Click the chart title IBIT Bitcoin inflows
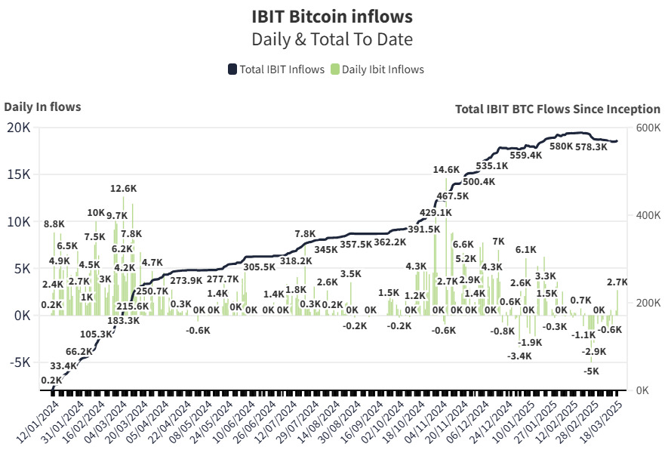point(332,16)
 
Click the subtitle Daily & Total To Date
point(332,39)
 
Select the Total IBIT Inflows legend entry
point(276,69)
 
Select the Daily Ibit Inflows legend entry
point(377,69)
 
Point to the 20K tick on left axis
point(19,128)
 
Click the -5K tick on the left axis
point(19,362)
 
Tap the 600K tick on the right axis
point(647,128)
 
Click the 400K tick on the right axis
point(647,215)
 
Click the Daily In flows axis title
point(42,106)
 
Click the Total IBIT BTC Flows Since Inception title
point(558,109)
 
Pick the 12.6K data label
point(123,189)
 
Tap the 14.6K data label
point(446,169)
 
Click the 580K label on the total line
point(561,146)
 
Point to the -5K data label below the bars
point(592,371)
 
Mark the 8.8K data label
point(54,224)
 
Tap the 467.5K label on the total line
point(453,196)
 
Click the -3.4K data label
point(519,356)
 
